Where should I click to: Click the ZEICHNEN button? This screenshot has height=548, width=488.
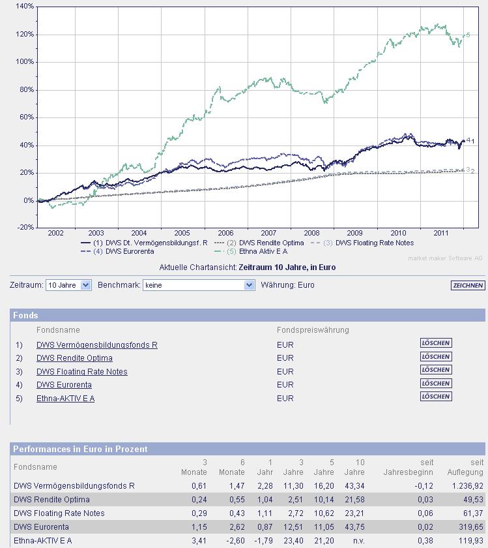[x=468, y=285]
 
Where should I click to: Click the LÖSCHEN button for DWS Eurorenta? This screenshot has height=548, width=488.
[x=436, y=383]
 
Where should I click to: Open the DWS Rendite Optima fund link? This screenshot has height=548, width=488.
[x=74, y=358]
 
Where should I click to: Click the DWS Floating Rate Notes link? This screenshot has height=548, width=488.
[x=81, y=372]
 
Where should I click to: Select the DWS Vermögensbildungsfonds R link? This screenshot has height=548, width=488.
[x=96, y=345]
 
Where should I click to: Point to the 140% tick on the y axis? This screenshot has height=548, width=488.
[x=25, y=7]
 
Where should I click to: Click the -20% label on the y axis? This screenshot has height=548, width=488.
[x=25, y=228]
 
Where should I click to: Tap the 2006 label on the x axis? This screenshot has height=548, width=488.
[x=225, y=233]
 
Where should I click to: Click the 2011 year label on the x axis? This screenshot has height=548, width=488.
[x=442, y=233]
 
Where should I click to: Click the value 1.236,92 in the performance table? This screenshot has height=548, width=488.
[x=466, y=486]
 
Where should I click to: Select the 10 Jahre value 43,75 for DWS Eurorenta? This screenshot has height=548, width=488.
[x=354, y=527]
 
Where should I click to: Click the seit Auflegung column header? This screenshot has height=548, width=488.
[x=473, y=467]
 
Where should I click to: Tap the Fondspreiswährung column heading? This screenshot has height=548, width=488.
[x=313, y=330]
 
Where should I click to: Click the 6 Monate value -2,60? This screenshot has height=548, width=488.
[x=235, y=541]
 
